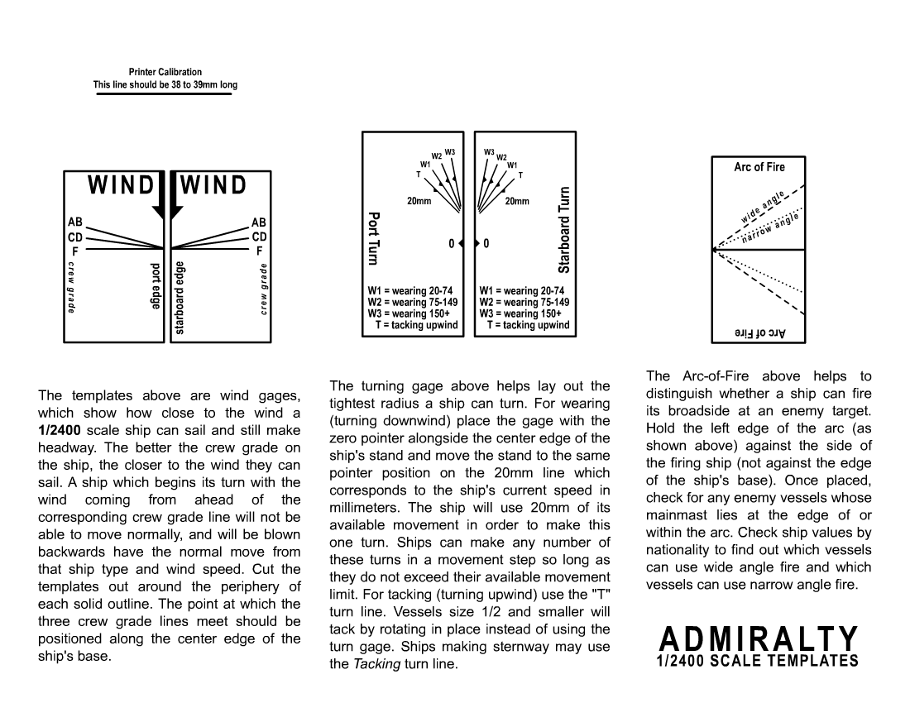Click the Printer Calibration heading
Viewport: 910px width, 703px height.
pos(165,72)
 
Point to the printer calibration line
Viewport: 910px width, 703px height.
pos(165,93)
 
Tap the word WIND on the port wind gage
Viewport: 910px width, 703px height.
pos(121,186)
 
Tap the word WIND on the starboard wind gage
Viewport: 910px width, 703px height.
pos(213,186)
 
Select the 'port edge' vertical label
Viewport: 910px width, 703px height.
pos(155,286)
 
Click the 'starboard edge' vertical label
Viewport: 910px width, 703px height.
pos(180,298)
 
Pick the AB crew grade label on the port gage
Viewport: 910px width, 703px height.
pos(74,222)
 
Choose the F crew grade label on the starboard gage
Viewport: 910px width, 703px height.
pos(259,250)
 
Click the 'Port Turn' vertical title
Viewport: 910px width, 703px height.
pos(373,237)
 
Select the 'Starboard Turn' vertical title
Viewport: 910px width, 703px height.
pos(564,230)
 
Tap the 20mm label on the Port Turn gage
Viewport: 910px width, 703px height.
pos(419,201)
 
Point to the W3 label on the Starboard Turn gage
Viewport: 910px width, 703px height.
pos(489,152)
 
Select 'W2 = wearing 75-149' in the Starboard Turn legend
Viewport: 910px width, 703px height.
pos(524,303)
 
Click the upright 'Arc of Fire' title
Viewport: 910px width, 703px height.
pos(759,167)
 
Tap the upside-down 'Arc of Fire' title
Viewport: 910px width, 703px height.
pos(759,332)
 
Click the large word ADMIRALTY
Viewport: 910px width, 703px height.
pos(759,638)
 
